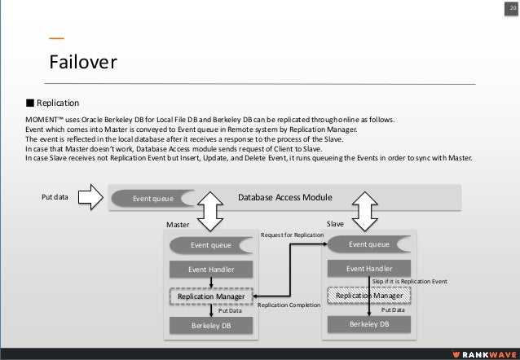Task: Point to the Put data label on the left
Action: (55, 196)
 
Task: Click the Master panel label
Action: (178, 222)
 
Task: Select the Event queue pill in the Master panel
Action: (210, 244)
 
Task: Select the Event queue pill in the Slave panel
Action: (369, 244)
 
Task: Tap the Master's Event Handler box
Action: (210, 270)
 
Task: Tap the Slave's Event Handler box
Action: (369, 269)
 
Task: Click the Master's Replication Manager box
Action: (211, 296)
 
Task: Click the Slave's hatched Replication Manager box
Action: (369, 296)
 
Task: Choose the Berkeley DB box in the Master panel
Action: (210, 326)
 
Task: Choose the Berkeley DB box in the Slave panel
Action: (369, 324)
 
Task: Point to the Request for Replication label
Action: (291, 235)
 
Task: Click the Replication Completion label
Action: (289, 307)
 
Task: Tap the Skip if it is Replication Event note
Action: (409, 281)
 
